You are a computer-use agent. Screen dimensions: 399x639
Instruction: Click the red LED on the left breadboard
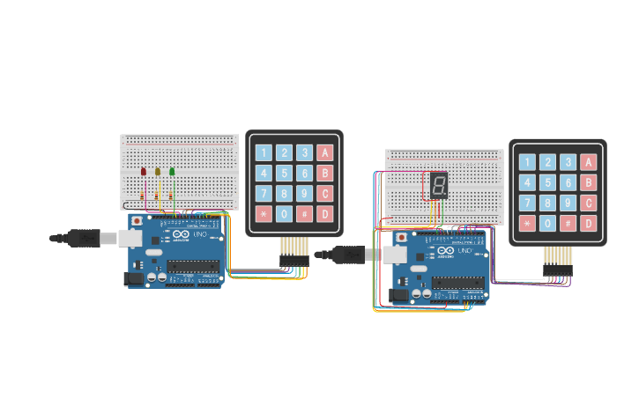143,172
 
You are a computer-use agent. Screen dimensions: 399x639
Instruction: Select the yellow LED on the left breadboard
157,172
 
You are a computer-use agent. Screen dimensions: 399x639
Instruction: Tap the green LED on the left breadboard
172,172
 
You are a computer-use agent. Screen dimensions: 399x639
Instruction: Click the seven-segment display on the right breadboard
439,185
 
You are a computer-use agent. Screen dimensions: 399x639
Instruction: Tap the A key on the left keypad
325,152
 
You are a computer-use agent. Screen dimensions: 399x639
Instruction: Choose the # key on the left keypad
305,213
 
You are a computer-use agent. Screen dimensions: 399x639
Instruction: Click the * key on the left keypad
264,213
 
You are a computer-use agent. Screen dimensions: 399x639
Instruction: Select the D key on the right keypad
589,223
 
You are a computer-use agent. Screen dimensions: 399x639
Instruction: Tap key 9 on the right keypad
568,203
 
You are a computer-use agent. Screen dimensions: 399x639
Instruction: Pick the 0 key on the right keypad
548,223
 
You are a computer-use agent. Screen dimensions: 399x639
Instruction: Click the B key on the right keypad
589,182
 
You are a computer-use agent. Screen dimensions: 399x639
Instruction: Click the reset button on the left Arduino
137,220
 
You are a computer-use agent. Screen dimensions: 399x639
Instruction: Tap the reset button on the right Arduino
402,237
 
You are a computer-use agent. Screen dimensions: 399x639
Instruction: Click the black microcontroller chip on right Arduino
457,283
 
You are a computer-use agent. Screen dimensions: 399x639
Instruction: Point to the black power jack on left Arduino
134,278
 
